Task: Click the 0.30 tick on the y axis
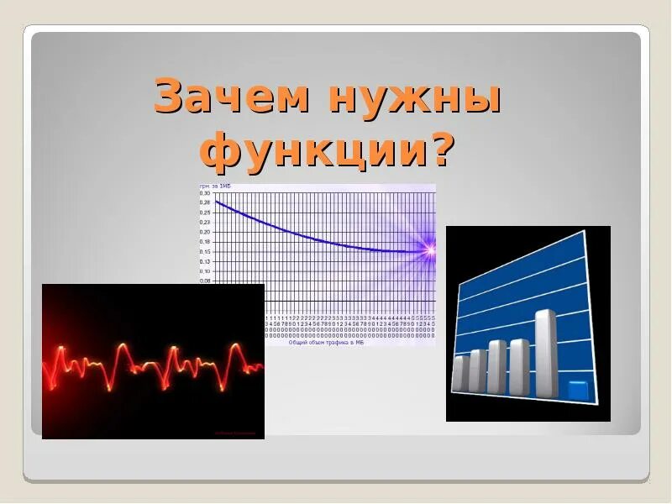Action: [x=205, y=192]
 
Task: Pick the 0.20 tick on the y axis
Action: [x=205, y=232]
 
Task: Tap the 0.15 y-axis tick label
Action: [x=205, y=252]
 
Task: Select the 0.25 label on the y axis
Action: [x=205, y=213]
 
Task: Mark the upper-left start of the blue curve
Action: [x=218, y=202]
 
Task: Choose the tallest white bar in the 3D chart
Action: [x=545, y=354]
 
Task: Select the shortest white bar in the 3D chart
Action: [x=460, y=373]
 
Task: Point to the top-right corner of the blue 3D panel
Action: [x=585, y=233]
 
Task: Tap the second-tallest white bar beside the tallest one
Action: [x=519, y=366]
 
